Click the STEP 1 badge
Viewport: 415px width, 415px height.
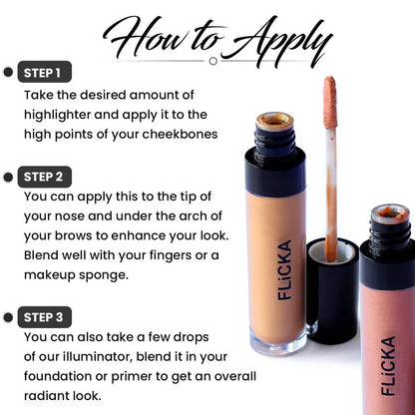[x=45, y=73]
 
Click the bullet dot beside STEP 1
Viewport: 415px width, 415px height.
[x=9, y=73]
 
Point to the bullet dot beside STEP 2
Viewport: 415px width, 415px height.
[x=9, y=177]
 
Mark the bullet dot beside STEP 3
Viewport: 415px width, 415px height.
[x=9, y=317]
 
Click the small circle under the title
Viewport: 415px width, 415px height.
[x=212, y=60]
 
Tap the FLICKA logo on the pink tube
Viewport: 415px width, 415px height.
[x=388, y=364]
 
